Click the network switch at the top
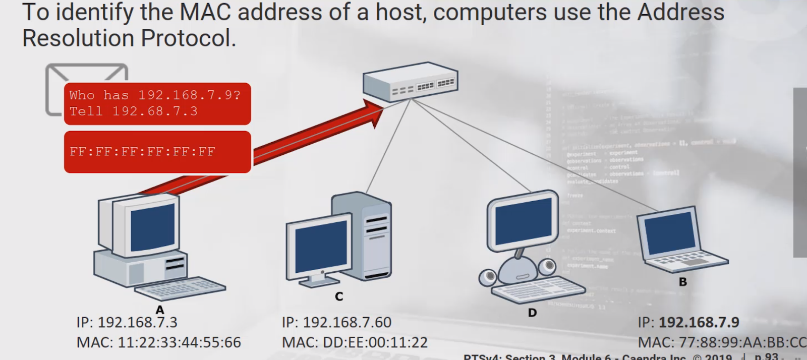(410, 81)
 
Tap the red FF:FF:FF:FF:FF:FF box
(157, 152)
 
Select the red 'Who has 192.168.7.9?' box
(157, 103)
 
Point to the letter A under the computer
(160, 310)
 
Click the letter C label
(339, 296)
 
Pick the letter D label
(532, 313)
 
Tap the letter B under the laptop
(683, 282)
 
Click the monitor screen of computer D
(523, 221)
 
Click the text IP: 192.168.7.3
(127, 322)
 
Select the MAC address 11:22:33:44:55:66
(179, 343)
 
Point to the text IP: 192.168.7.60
(336, 322)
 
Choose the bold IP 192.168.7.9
(699, 322)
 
